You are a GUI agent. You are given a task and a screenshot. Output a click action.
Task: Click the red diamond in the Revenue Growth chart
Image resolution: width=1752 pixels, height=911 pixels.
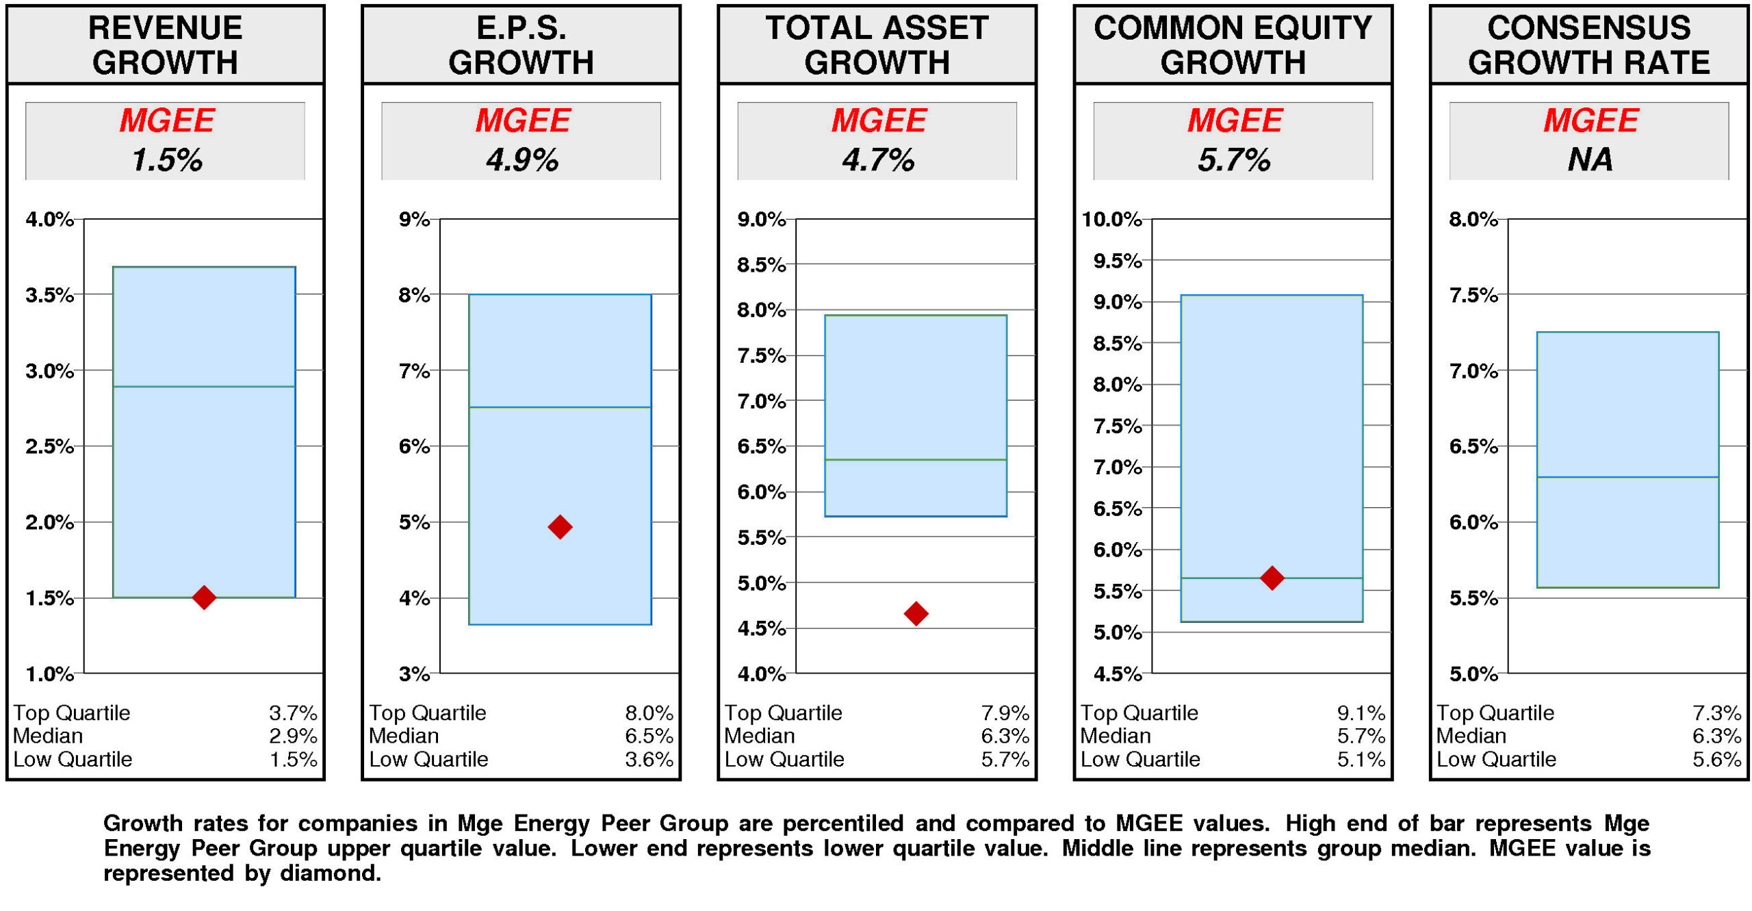pyautogui.click(x=204, y=597)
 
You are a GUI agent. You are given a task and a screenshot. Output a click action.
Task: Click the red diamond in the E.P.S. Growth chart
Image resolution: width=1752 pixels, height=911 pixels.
pyautogui.click(x=560, y=526)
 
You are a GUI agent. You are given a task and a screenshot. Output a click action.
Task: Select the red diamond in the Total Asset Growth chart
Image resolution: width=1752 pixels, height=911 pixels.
pyautogui.click(x=916, y=613)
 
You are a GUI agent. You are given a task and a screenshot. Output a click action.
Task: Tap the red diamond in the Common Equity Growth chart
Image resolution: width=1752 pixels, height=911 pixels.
pyautogui.click(x=1272, y=578)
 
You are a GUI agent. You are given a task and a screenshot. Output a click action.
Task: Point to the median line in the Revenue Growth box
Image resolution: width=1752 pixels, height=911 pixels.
pyautogui.click(x=204, y=387)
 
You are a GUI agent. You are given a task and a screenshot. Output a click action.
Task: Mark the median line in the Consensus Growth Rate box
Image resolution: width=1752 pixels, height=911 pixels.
pyautogui.click(x=1627, y=477)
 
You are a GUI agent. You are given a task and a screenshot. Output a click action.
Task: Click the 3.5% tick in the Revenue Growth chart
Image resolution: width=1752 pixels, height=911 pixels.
pyautogui.click(x=49, y=295)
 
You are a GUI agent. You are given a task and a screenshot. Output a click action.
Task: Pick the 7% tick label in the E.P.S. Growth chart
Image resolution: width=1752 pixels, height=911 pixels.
pyautogui.click(x=414, y=371)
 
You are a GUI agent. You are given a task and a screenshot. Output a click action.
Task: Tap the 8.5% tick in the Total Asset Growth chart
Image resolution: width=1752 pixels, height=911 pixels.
pyautogui.click(x=761, y=265)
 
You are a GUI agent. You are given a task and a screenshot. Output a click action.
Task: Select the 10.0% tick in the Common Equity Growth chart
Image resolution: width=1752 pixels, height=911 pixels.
pyautogui.click(x=1111, y=220)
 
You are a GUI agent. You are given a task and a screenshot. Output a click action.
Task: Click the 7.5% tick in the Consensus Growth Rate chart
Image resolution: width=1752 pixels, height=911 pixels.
pyautogui.click(x=1473, y=295)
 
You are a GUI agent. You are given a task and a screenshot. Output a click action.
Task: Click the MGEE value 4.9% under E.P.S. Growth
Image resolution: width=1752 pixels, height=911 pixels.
pyautogui.click(x=522, y=160)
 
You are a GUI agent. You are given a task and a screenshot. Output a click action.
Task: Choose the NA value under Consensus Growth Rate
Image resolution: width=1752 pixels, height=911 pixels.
pyautogui.click(x=1590, y=160)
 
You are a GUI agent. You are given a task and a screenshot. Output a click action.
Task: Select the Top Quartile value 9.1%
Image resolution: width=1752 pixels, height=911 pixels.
pyautogui.click(x=1361, y=713)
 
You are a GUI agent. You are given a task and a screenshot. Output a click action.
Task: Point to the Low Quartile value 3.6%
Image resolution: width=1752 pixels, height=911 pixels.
pyautogui.click(x=648, y=759)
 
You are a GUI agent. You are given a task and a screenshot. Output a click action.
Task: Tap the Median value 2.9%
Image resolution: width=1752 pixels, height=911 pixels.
pyautogui.click(x=292, y=736)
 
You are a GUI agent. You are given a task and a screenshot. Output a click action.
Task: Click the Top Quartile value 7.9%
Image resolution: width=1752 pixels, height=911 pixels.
pyautogui.click(x=1005, y=713)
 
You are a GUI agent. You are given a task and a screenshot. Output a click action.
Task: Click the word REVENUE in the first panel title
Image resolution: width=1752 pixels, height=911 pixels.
pyautogui.click(x=165, y=28)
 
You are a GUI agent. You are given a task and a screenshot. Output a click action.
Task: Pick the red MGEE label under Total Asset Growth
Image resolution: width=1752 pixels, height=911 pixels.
pyautogui.click(x=879, y=120)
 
